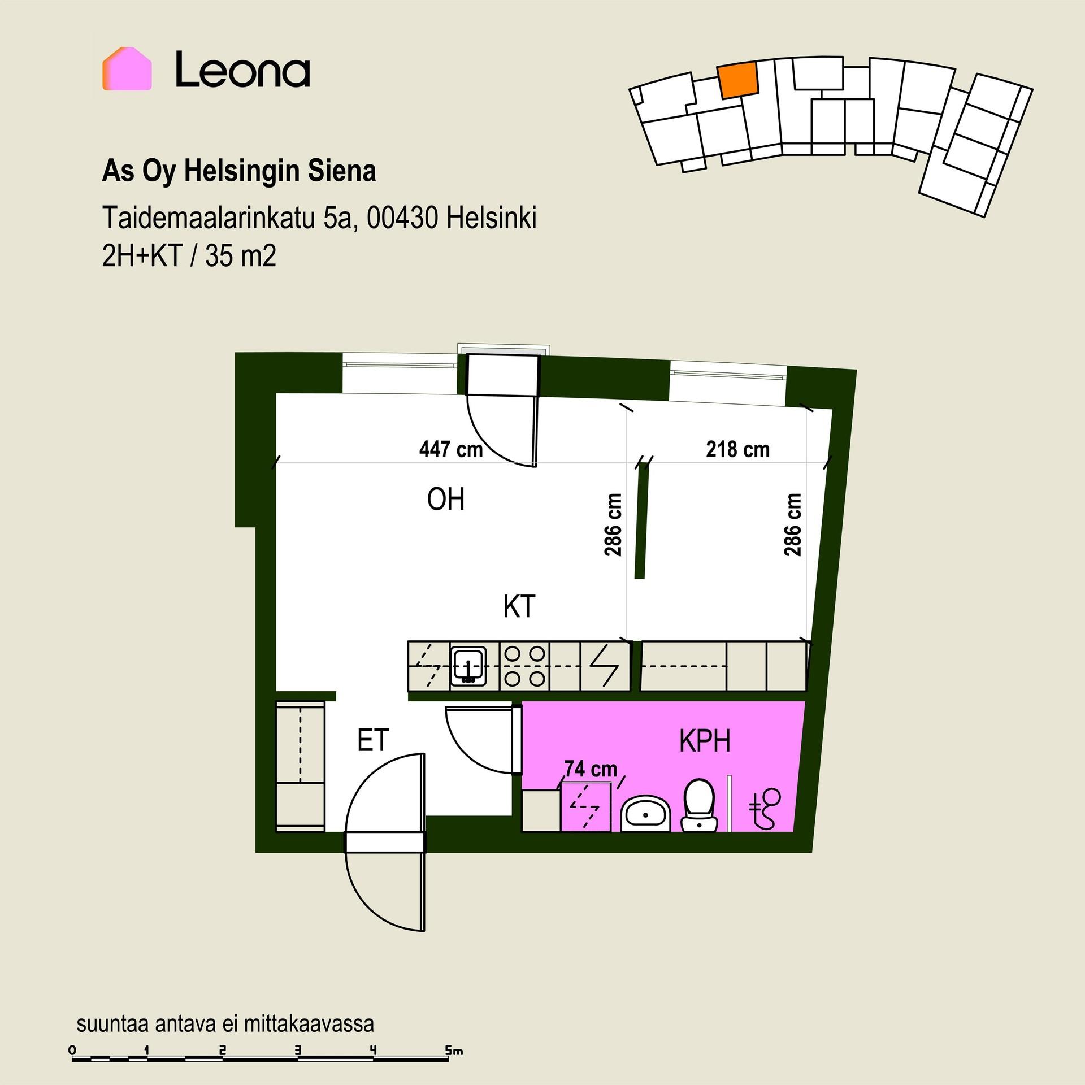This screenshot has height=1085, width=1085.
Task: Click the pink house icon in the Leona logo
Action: click(x=127, y=69)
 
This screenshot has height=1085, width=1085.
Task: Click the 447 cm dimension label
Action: click(x=451, y=449)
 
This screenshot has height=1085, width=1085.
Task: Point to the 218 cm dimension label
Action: click(x=737, y=449)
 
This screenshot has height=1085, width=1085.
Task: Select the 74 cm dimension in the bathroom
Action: click(x=591, y=769)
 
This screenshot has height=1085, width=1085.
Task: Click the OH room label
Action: click(x=446, y=500)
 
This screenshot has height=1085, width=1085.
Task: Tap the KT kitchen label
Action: click(x=519, y=607)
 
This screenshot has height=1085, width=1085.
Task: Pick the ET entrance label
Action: click(x=373, y=740)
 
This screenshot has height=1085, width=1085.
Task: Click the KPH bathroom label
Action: click(x=705, y=741)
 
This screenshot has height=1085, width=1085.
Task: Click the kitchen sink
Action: click(x=468, y=666)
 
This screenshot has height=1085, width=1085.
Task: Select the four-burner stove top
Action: click(x=524, y=666)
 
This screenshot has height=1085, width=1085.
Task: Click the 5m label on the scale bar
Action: click(x=454, y=1051)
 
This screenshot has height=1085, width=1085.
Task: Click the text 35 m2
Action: click(x=241, y=257)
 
